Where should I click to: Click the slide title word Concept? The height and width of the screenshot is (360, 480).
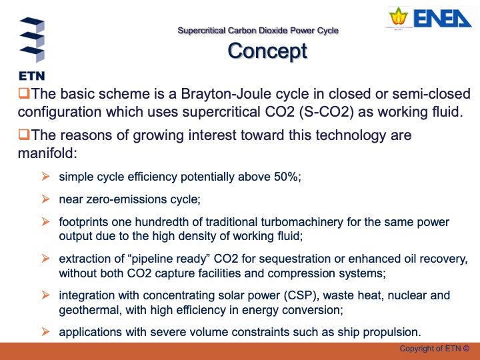point(267,51)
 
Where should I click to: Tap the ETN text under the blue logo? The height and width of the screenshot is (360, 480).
point(31,75)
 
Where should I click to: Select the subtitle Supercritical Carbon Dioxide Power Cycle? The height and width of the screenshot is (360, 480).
point(258,31)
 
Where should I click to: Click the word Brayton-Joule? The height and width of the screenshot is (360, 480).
point(237,93)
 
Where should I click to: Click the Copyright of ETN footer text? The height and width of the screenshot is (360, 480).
point(434,349)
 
